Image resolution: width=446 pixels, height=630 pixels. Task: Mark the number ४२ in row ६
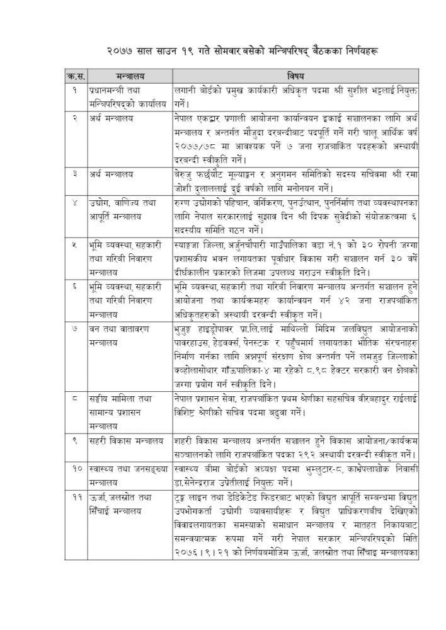[x=352, y=301]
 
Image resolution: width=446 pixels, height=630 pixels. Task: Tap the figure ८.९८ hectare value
[x=320, y=370]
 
